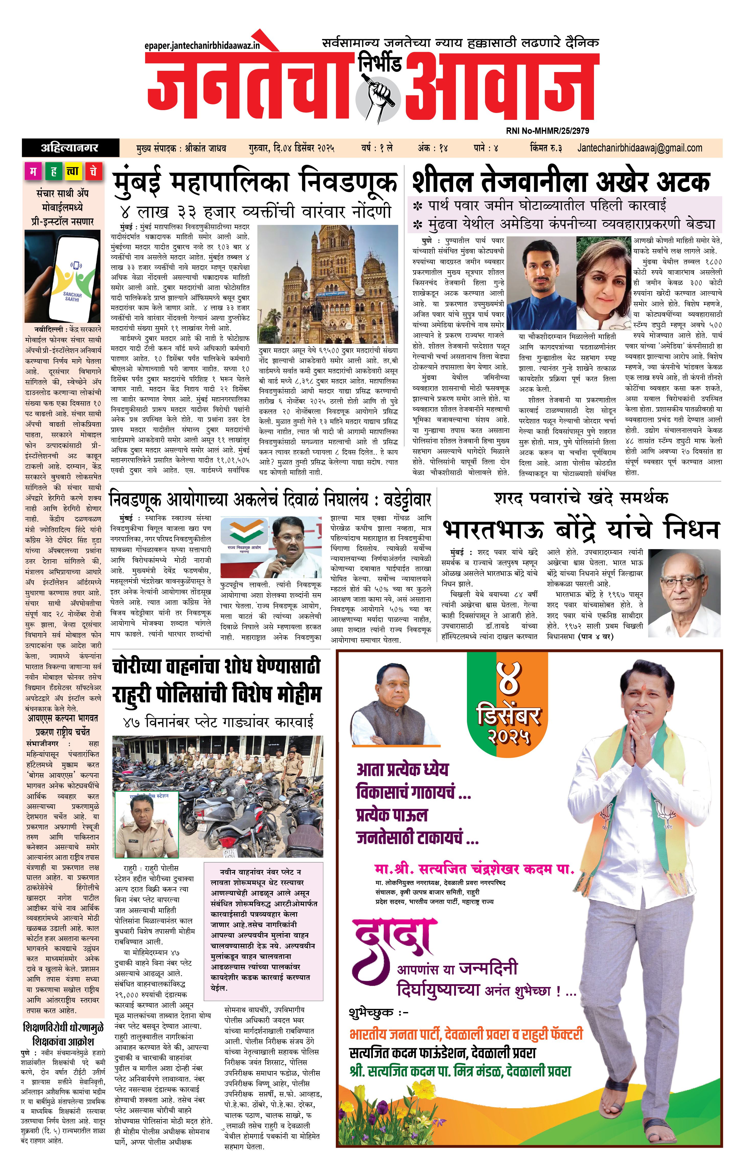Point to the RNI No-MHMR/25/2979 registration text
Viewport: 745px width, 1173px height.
pyautogui.click(x=547, y=131)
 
